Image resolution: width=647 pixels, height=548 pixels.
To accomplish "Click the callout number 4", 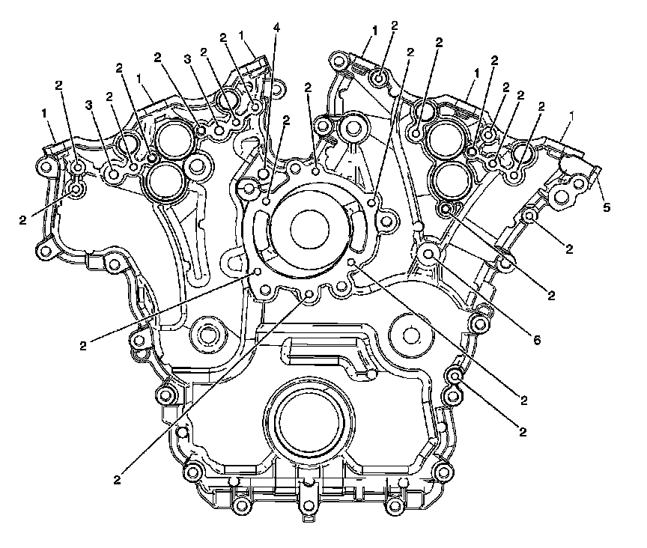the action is [276, 28].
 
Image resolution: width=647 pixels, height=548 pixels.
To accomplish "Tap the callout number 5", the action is [606, 207].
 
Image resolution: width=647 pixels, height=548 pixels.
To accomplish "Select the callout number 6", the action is [536, 340].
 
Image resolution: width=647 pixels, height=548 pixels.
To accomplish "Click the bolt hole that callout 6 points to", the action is [429, 253].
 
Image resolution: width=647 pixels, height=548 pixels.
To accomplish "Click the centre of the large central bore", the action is [310, 229].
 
